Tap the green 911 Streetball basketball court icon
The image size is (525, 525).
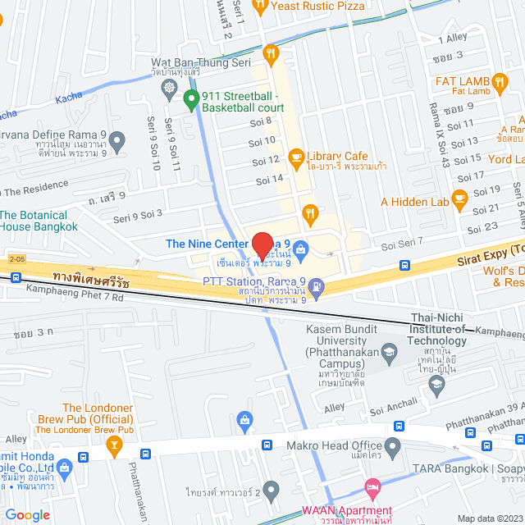click(x=191, y=102)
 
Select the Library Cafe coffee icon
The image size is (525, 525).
click(x=297, y=157)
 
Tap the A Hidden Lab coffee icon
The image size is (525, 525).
click(x=459, y=197)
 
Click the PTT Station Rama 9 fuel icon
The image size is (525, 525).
click(x=317, y=287)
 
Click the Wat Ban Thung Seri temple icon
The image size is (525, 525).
click(x=169, y=87)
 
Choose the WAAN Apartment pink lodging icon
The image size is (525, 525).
click(x=372, y=488)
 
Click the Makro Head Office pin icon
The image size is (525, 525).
click(x=393, y=448)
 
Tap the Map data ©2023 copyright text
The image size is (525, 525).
click(x=489, y=518)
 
